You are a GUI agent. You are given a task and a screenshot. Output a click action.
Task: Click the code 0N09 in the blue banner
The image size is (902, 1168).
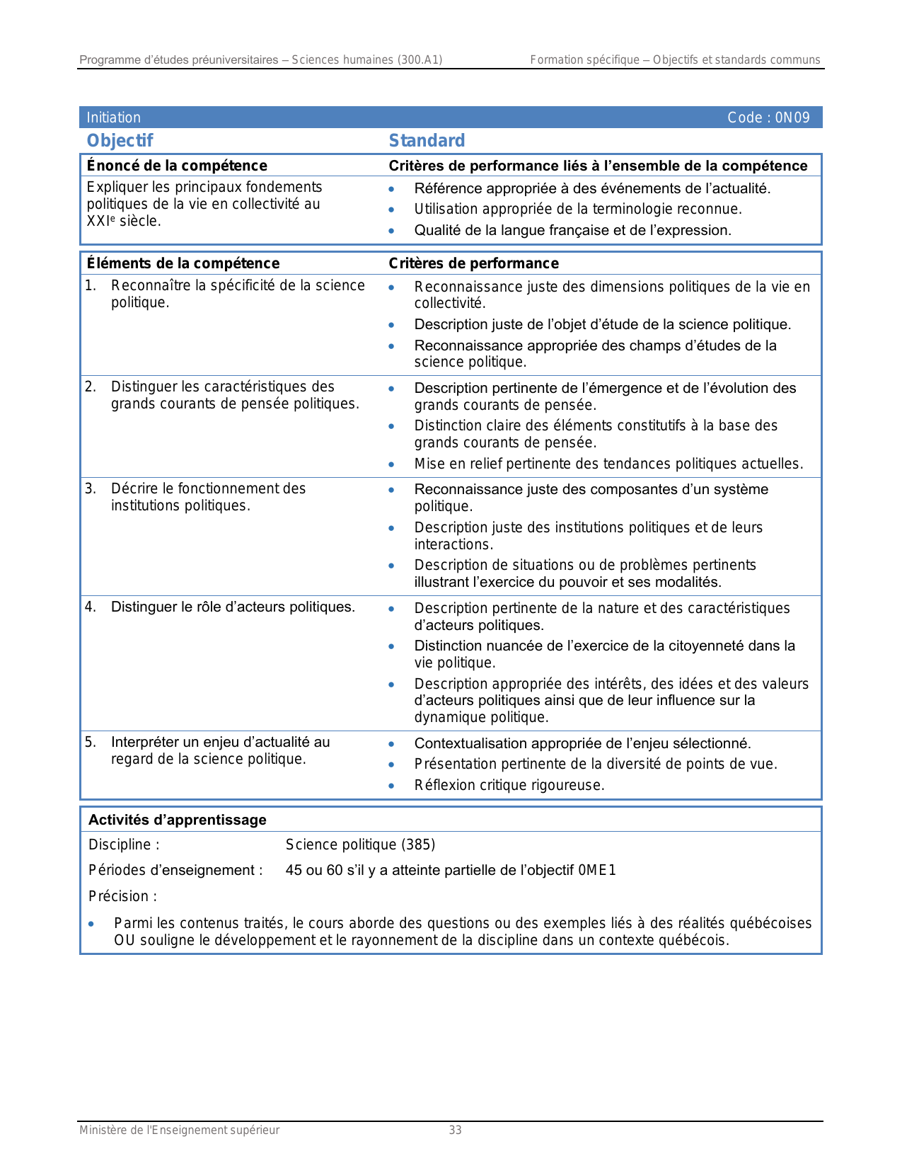792,118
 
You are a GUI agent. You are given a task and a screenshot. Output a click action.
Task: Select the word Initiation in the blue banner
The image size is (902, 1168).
114,118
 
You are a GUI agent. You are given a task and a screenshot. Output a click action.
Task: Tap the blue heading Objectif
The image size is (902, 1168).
120,141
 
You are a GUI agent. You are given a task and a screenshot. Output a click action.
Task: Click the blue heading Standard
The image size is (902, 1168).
427,141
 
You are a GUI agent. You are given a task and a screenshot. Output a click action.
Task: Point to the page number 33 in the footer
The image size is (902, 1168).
455,1130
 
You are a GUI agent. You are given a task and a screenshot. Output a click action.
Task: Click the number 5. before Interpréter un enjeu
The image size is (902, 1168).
91,742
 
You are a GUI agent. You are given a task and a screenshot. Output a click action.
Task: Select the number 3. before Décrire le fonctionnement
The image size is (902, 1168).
91,488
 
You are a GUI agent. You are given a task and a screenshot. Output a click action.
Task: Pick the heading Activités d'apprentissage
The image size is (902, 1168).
178,820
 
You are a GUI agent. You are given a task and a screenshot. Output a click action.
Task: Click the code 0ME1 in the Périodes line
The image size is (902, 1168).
597,870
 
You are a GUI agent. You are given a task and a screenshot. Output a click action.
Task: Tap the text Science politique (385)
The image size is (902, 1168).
360,844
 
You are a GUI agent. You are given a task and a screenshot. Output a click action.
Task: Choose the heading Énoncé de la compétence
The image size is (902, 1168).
177,166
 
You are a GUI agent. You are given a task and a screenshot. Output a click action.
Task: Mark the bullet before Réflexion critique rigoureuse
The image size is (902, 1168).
391,786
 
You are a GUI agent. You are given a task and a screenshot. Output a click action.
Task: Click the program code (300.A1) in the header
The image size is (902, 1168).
420,60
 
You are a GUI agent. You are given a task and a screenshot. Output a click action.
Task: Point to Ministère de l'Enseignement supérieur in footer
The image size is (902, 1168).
180,1130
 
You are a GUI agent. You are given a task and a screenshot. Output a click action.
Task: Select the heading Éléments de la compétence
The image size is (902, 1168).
183,263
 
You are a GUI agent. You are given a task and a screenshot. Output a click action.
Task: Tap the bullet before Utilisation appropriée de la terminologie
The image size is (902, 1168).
391,210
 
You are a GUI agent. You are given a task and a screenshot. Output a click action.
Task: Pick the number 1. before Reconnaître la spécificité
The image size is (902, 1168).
91,285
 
